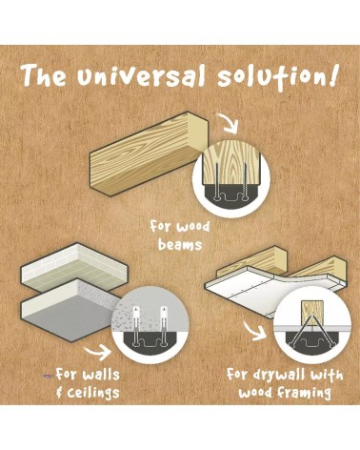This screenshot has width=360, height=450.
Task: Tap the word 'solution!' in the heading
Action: [276, 75]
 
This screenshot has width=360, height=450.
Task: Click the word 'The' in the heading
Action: [45, 74]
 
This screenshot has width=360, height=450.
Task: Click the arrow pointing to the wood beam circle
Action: [230, 124]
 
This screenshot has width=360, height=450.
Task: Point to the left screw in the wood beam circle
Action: [216, 181]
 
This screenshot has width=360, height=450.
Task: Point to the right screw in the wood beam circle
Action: [245, 181]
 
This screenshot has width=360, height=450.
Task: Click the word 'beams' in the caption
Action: [180, 245]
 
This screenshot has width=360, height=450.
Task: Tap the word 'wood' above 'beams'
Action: [192, 227]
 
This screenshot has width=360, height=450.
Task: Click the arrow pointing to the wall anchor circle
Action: [97, 353]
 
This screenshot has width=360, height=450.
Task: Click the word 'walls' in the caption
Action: [101, 375]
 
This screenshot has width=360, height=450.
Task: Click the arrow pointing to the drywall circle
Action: [255, 332]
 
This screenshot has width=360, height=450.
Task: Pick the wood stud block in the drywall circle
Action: [312, 313]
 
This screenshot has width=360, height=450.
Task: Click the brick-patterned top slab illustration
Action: [74, 265]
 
